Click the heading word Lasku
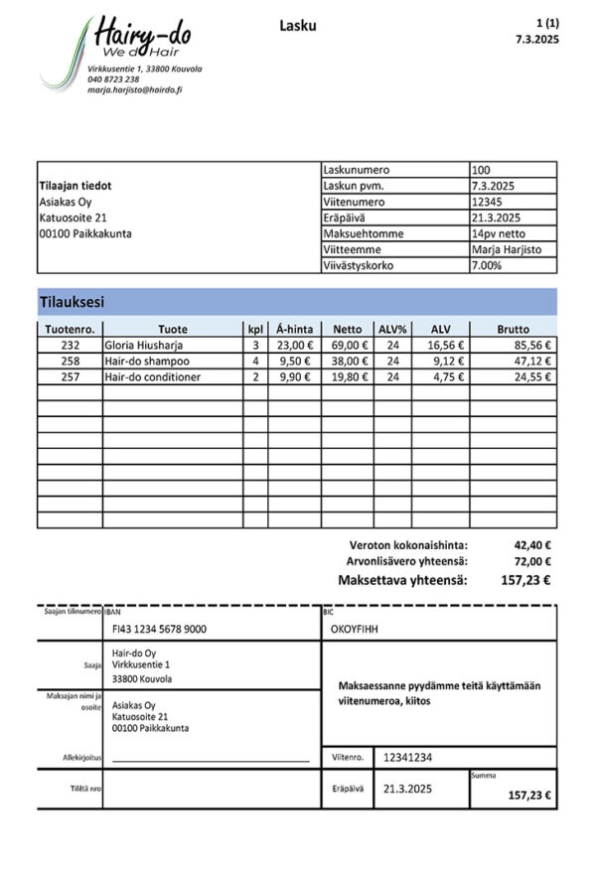click(x=298, y=26)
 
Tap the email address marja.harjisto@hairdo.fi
click(x=134, y=89)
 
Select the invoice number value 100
click(x=481, y=170)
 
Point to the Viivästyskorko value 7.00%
click(x=488, y=265)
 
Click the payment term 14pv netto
click(x=500, y=233)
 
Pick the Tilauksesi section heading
click(x=72, y=301)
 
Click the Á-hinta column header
click(x=294, y=329)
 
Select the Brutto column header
click(x=514, y=329)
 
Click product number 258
click(x=70, y=362)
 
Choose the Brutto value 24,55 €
click(x=531, y=377)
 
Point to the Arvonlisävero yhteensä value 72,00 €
click(x=532, y=562)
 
